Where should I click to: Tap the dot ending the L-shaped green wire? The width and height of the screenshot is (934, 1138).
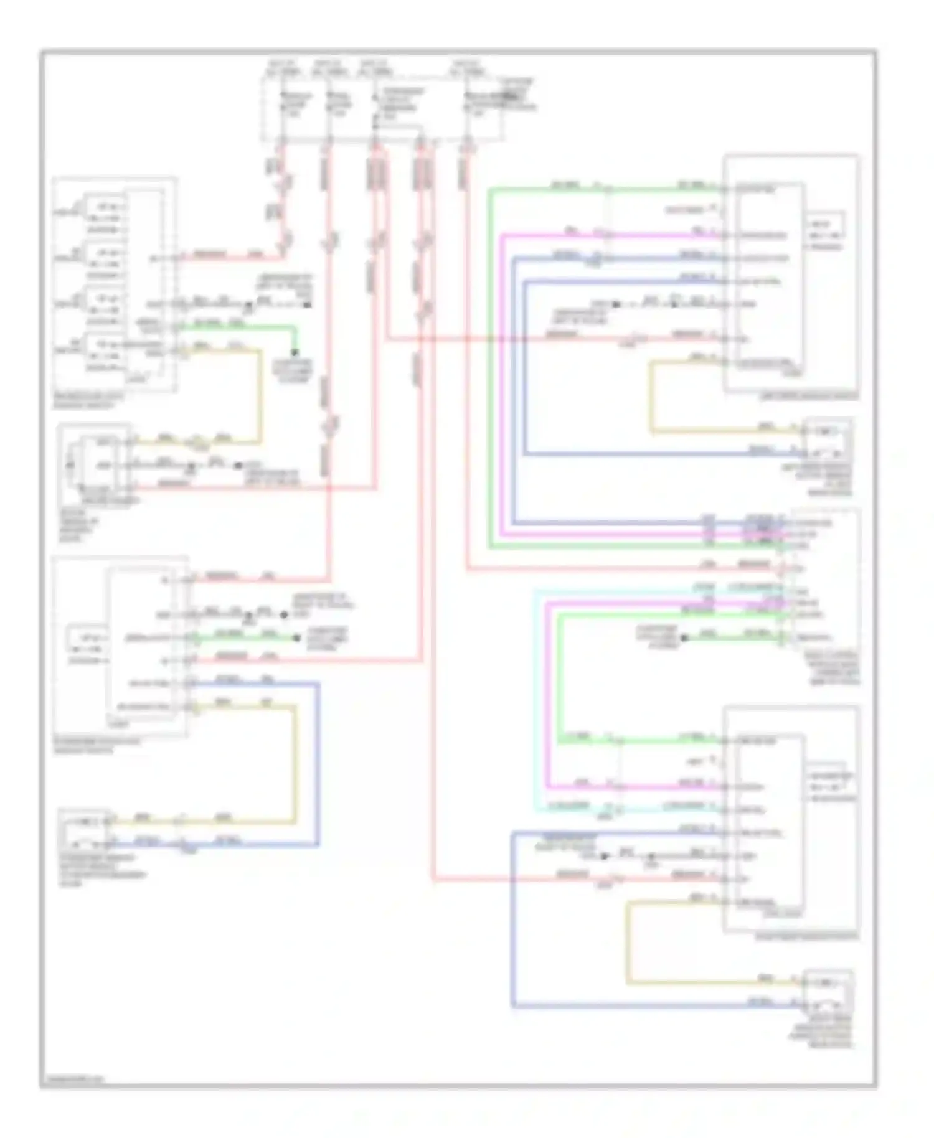pyautogui.click(x=295, y=352)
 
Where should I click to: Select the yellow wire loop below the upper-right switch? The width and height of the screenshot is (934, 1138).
pyautogui.click(x=651, y=398)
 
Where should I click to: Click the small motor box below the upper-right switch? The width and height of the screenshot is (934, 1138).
pyautogui.click(x=827, y=439)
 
